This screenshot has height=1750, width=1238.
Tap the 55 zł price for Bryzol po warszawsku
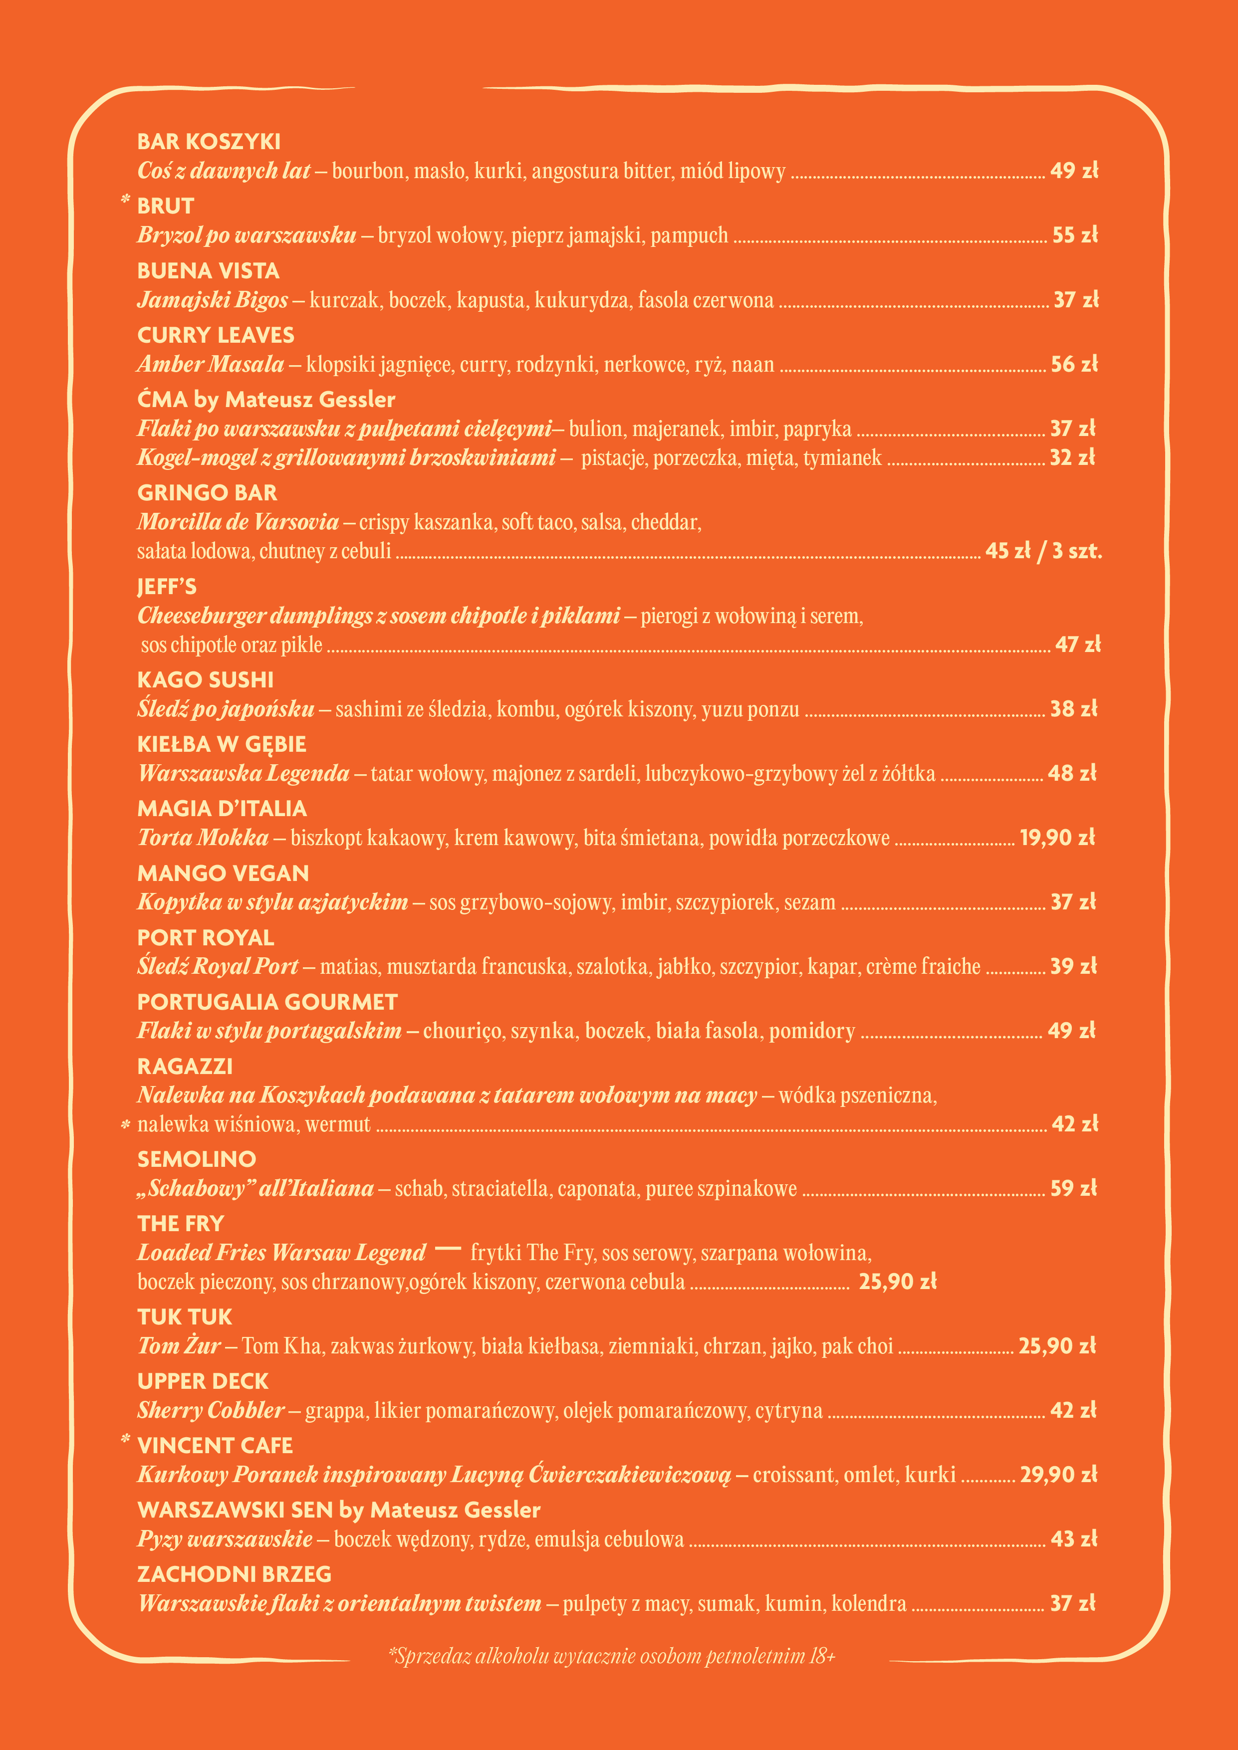[x=1075, y=235]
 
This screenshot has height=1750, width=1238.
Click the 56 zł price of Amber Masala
[x=1074, y=364]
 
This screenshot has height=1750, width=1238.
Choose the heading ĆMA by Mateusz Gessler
[x=266, y=400]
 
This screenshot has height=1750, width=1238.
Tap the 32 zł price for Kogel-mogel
[x=1072, y=457]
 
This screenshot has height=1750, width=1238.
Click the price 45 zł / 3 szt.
[x=1043, y=551]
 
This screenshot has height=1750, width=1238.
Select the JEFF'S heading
[x=167, y=587]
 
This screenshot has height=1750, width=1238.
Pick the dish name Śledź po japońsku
[x=226, y=709]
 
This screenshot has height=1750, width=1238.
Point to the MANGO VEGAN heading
[x=223, y=874]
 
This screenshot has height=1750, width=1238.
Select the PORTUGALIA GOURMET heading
[x=267, y=1002]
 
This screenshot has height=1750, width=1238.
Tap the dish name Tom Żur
[x=179, y=1346]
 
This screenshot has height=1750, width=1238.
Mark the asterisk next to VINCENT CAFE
[x=126, y=1440]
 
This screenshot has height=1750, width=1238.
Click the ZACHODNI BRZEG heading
[x=234, y=1575]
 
